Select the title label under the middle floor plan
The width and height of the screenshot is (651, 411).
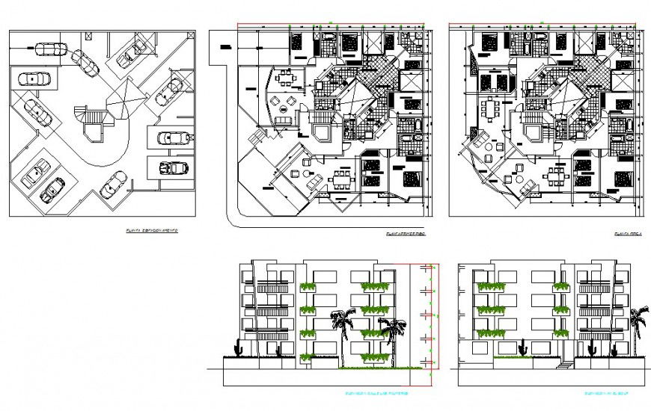[405, 233]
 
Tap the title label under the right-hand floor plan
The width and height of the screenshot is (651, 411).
[625, 233]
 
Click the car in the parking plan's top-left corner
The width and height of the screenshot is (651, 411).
[50, 50]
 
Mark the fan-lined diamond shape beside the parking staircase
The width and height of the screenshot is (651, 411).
[124, 96]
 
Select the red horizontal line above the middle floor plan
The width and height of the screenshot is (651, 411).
[329, 28]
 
